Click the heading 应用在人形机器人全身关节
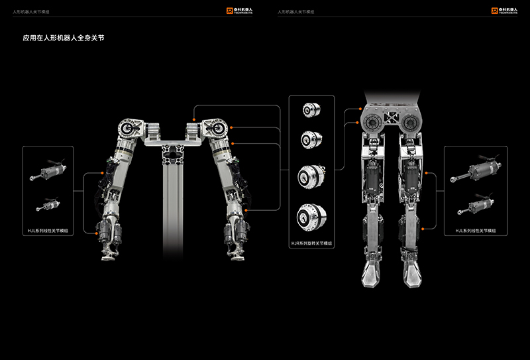pyautogui.click(x=64, y=39)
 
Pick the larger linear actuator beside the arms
pyautogui.click(x=49, y=168)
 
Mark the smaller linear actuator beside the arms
pyautogui.click(x=48, y=202)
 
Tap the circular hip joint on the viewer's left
pyautogui.click(x=370, y=121)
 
